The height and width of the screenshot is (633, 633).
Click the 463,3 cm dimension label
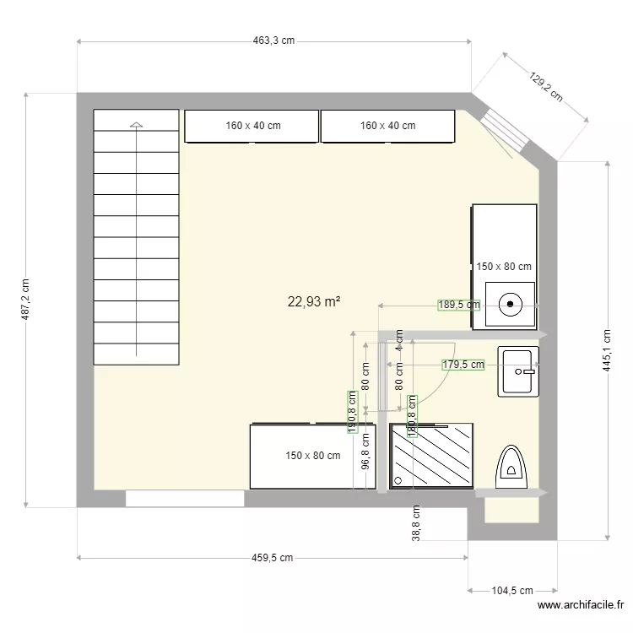click(x=275, y=40)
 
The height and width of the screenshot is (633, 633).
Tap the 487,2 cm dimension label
click(x=24, y=300)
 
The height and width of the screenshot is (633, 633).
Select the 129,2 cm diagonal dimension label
click(x=546, y=86)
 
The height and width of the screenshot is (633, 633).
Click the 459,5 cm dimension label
click(x=273, y=558)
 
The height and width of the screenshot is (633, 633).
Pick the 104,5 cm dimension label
click(x=512, y=592)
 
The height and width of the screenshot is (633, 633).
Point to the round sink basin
click(x=511, y=302)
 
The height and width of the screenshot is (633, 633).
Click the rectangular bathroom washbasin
click(x=517, y=371)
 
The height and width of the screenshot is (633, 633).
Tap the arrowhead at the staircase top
click(x=137, y=125)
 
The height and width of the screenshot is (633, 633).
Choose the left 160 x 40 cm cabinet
click(x=252, y=126)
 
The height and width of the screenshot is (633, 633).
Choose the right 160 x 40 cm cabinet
click(x=388, y=126)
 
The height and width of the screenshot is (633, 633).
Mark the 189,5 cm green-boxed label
click(x=458, y=306)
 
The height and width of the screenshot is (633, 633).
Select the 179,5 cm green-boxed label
click(x=463, y=365)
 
